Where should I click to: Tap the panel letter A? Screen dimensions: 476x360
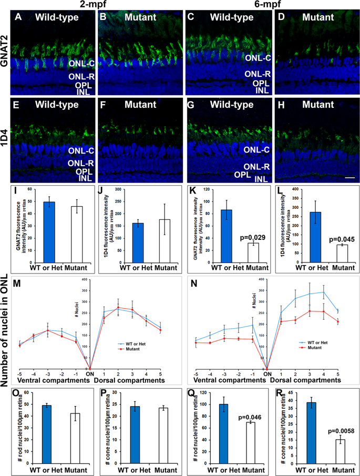point(18,17)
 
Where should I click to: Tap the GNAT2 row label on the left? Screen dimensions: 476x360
point(5,52)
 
